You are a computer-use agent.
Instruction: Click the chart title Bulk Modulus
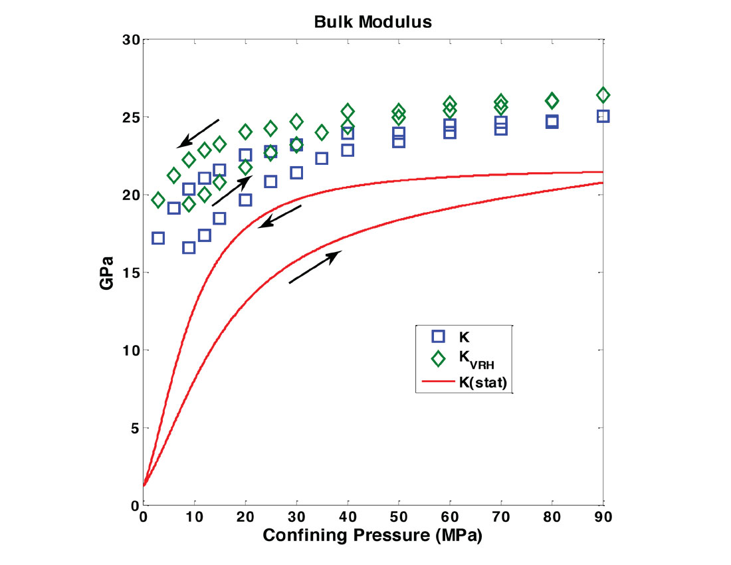(x=373, y=22)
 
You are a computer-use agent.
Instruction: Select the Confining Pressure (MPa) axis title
(x=371, y=535)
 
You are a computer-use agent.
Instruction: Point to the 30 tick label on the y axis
(x=130, y=40)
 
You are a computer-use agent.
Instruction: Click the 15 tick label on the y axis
(x=130, y=273)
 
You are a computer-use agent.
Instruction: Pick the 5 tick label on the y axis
(x=134, y=428)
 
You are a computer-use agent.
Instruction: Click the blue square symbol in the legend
(x=439, y=336)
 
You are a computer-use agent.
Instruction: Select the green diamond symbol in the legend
(x=439, y=359)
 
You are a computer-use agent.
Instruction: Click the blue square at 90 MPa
(x=603, y=116)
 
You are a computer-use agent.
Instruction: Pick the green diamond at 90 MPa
(x=603, y=95)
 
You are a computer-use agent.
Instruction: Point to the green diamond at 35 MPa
(x=322, y=132)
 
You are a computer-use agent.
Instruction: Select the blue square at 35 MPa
(x=322, y=158)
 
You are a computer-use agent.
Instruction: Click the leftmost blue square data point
(x=158, y=238)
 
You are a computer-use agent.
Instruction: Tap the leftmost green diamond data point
(x=158, y=200)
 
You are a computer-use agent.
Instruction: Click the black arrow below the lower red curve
(x=315, y=267)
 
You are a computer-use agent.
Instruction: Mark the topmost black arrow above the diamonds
(x=198, y=134)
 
